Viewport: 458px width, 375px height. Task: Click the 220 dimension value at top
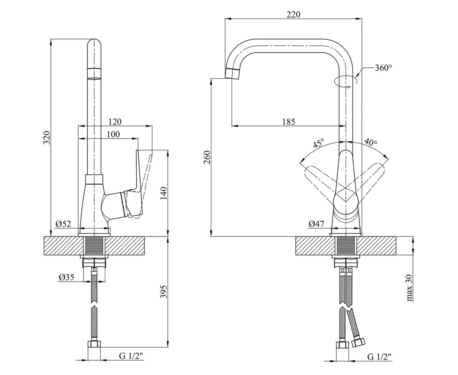[x=293, y=14]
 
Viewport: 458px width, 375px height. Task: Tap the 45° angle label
[x=318, y=143]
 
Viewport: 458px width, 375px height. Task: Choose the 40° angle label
[x=370, y=142]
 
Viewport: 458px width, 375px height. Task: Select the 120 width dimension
[x=115, y=122]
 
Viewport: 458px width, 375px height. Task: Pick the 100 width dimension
[x=113, y=134]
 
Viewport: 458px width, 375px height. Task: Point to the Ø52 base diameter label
[x=63, y=224]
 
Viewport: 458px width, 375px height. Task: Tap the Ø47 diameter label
[x=316, y=224]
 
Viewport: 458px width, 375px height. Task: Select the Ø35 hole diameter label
[x=66, y=277]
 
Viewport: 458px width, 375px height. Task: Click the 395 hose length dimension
[x=164, y=292]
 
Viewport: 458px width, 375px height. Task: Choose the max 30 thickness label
[x=410, y=288]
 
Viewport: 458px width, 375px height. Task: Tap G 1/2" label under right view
[x=379, y=356]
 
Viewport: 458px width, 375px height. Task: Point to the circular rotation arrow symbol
[x=346, y=82]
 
